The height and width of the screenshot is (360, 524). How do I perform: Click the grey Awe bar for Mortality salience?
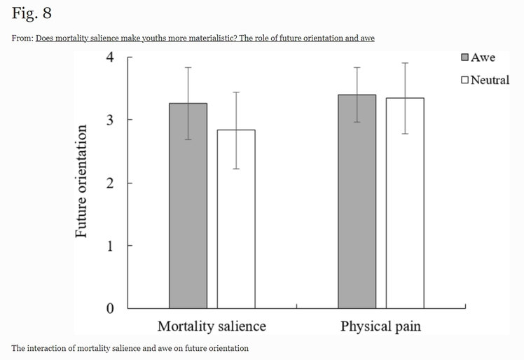(x=188, y=210)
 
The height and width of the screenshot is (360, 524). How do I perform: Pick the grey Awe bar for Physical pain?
(x=357, y=203)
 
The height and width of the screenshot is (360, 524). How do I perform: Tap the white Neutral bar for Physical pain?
(x=404, y=205)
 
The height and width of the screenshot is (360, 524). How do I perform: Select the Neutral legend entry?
(x=485, y=80)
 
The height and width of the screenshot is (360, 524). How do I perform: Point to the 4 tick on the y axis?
(x=109, y=57)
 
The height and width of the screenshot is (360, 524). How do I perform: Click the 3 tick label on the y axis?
(x=109, y=120)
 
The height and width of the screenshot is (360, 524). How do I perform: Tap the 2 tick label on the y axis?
(x=109, y=183)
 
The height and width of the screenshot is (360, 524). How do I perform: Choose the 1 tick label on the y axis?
(x=109, y=246)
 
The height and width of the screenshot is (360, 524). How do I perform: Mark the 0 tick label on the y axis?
(x=109, y=309)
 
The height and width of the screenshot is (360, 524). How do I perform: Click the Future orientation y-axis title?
(x=82, y=182)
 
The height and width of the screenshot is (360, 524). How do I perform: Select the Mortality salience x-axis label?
(x=212, y=326)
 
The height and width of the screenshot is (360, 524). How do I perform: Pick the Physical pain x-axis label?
(x=380, y=326)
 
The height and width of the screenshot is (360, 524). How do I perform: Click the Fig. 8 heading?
(x=32, y=14)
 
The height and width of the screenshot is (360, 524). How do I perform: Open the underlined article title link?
(x=205, y=38)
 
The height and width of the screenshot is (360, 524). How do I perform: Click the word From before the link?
(x=22, y=38)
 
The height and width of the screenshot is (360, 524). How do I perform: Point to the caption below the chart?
(x=130, y=348)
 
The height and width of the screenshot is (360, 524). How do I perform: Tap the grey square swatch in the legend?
(x=465, y=57)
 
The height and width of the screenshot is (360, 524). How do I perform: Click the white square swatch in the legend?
(x=465, y=80)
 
